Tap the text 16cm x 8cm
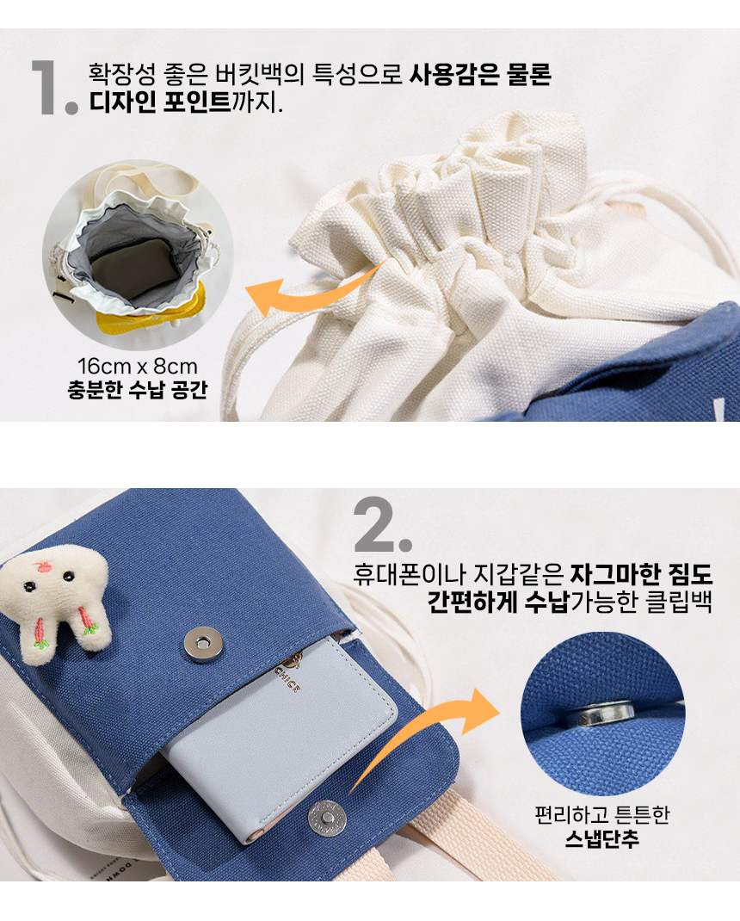click(x=138, y=368)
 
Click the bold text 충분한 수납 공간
click(x=138, y=392)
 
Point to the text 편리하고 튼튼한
click(x=601, y=814)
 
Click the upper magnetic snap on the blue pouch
click(x=200, y=641)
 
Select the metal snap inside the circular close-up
click(x=602, y=712)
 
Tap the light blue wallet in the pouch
click(x=284, y=732)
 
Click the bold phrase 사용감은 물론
click(x=480, y=75)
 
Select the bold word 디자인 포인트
click(x=159, y=104)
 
